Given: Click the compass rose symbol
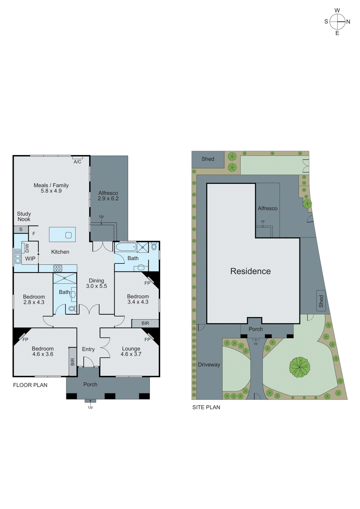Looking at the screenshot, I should coord(337,22).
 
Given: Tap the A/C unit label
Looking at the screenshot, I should coord(77,162).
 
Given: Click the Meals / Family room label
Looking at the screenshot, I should coord(51,185).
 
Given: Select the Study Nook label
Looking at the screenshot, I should coord(24,216).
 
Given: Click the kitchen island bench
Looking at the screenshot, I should coord(62,234).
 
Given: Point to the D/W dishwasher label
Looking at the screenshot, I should coord(27,248).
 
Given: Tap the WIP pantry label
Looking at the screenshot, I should coord(30,259).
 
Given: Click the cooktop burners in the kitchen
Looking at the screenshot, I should coord(58,268).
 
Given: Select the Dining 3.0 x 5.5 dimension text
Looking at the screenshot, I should coord(96,286).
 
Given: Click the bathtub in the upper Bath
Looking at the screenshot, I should coord(126,247).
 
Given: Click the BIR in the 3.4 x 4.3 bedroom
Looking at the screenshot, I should coord(145,323).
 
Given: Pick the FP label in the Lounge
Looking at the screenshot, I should coord(147,339).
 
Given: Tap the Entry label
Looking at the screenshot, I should coord(88,349).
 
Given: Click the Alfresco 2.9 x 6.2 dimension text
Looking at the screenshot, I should coord(108,199).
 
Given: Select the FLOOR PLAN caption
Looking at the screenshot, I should coord(30,385).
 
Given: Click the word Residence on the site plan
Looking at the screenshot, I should coord(251,271).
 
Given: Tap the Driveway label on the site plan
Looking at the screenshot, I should coord(209,365).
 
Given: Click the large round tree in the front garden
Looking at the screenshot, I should coord(300,367).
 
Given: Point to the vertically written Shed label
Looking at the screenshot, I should coord(321,301).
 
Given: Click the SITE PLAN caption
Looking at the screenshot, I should coord(206,407).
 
